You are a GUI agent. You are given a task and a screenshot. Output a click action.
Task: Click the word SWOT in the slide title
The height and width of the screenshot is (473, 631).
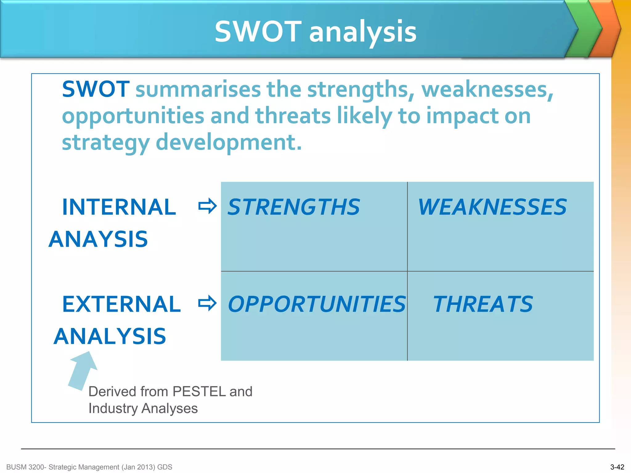pyautogui.click(x=258, y=32)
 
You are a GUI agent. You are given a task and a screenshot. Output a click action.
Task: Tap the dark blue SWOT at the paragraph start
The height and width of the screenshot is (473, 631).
pyautogui.click(x=96, y=89)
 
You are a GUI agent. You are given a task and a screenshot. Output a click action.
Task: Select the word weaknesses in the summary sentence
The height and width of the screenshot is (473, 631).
pyautogui.click(x=487, y=89)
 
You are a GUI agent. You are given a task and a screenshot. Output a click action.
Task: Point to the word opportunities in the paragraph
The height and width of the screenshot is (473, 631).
pyautogui.click(x=133, y=116)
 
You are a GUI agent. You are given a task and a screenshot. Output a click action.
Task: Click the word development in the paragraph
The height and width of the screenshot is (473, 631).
pyautogui.click(x=229, y=142)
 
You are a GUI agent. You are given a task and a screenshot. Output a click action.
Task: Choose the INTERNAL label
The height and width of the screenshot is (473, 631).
pyautogui.click(x=119, y=207)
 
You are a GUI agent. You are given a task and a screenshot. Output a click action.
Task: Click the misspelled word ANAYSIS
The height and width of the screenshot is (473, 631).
pyautogui.click(x=98, y=239)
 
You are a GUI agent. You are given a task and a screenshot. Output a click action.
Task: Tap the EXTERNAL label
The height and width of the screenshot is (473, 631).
pyautogui.click(x=121, y=304)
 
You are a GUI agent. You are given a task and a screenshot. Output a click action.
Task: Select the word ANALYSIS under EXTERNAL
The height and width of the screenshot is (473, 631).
pyautogui.click(x=110, y=336)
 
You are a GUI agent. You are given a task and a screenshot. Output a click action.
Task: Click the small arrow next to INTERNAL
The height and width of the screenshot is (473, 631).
pyautogui.click(x=207, y=206)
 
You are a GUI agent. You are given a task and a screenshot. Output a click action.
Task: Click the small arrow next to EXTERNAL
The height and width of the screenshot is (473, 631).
pyautogui.click(x=207, y=303)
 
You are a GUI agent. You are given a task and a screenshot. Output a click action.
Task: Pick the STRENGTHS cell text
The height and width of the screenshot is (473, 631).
pyautogui.click(x=294, y=207)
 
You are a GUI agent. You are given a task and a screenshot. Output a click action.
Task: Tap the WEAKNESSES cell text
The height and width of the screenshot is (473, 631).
pyautogui.click(x=492, y=207)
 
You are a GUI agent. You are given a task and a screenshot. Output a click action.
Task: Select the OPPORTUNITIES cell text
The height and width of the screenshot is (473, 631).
pyautogui.click(x=317, y=304)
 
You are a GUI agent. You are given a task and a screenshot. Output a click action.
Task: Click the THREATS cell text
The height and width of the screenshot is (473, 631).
pyautogui.click(x=483, y=304)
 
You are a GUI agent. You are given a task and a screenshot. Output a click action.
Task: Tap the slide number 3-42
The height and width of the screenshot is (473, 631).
pyautogui.click(x=617, y=467)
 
